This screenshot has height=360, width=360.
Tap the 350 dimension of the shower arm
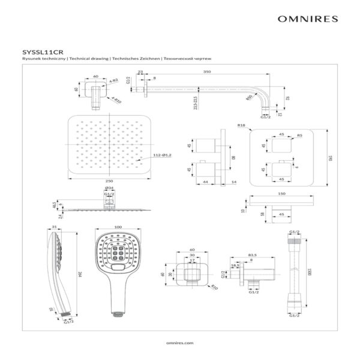208,71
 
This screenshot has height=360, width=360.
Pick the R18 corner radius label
241,125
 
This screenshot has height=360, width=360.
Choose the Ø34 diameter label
110,188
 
